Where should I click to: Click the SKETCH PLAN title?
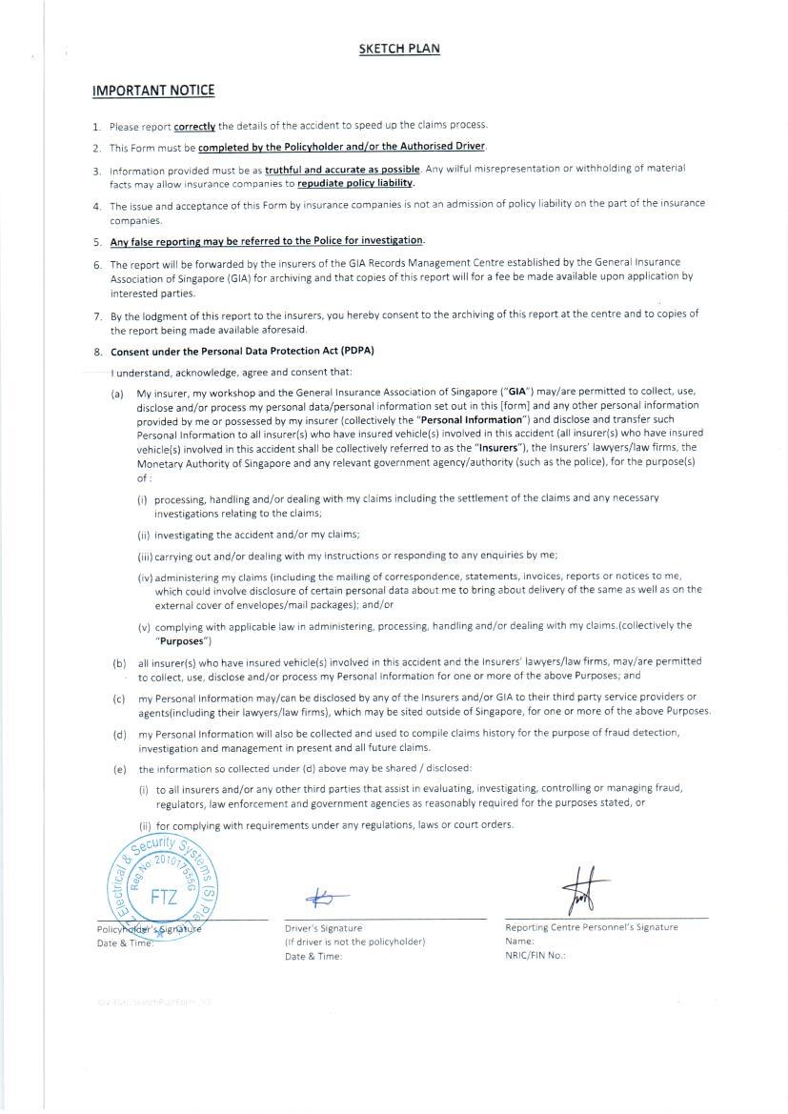[399, 50]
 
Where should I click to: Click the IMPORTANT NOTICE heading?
[153, 91]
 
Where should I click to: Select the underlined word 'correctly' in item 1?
[194, 126]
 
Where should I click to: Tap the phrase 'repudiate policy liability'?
[355, 183]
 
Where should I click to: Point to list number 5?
[97, 242]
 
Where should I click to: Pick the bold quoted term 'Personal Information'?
[472, 419]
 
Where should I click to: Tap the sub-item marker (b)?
[119, 662]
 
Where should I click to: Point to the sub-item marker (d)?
[119, 734]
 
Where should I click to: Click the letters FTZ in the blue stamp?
[164, 897]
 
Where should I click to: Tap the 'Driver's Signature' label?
[323, 928]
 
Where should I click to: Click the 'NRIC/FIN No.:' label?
[535, 955]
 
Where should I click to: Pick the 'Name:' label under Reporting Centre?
[520, 942]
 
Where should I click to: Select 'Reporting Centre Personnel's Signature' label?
[592, 927]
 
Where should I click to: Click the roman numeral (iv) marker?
[145, 577]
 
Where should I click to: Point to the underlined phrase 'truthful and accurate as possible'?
[342, 170]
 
